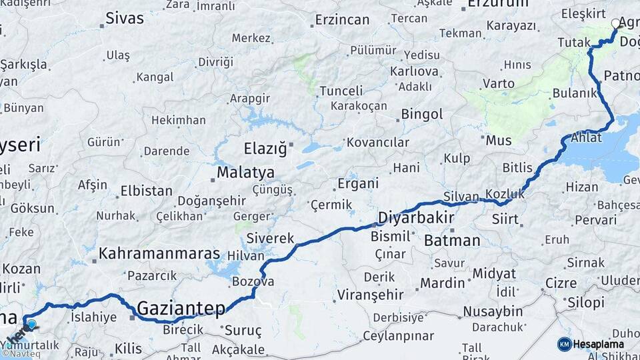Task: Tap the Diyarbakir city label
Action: (x=415, y=217)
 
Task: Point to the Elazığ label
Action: (x=264, y=147)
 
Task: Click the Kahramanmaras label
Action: (x=159, y=253)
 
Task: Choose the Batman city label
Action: (x=451, y=240)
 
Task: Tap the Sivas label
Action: (x=125, y=18)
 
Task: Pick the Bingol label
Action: (x=421, y=114)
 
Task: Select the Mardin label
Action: (x=442, y=283)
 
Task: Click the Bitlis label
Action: (x=517, y=167)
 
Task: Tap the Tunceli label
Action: (x=341, y=91)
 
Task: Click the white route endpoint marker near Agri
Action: (x=615, y=24)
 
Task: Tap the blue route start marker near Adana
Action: (x=31, y=325)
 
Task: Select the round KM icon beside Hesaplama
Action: (x=564, y=344)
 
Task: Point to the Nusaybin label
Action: (x=493, y=311)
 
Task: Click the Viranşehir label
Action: (x=370, y=294)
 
